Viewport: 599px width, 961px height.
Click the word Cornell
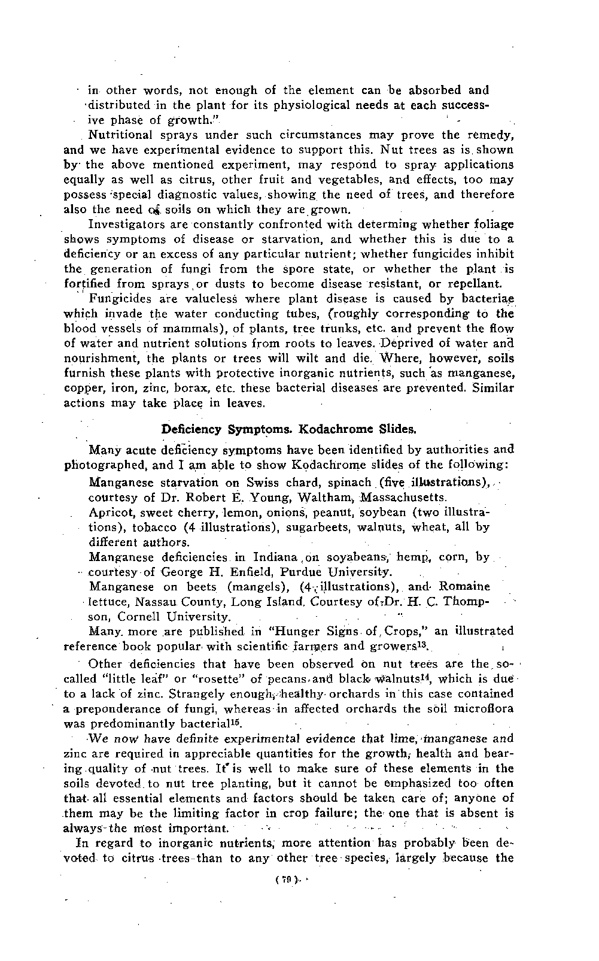138,617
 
